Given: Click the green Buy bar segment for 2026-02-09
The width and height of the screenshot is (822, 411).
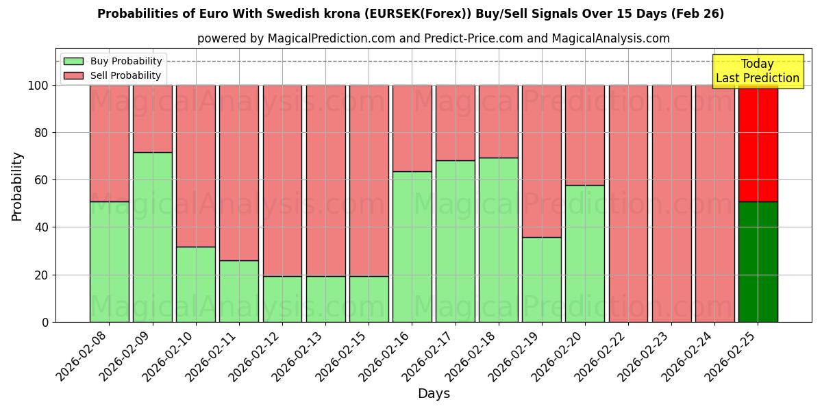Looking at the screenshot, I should (152, 237).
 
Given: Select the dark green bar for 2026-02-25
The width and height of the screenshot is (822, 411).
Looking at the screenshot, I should (758, 262).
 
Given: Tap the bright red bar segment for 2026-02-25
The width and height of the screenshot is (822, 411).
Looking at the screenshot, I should (758, 144).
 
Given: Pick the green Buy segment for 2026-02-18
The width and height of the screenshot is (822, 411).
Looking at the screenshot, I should (498, 240).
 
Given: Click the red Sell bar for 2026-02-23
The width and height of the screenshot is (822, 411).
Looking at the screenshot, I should (671, 203).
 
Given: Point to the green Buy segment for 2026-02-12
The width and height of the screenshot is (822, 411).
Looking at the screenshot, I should (282, 299).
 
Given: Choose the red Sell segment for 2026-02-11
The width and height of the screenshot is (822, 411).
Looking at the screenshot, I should (239, 173).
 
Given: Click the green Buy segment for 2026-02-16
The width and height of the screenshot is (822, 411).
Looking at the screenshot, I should (412, 247).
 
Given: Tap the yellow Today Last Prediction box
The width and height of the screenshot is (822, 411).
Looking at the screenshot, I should (758, 71).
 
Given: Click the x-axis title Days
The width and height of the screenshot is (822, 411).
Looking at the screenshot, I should (434, 394).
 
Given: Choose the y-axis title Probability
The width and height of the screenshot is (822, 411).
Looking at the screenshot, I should (16, 186).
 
